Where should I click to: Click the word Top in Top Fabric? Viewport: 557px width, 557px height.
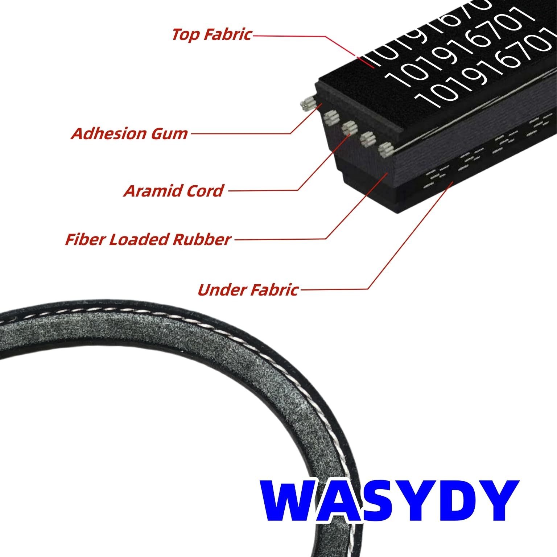tap(185, 34)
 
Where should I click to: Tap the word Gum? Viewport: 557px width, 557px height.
tap(169, 133)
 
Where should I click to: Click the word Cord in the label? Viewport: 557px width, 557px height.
tap(206, 191)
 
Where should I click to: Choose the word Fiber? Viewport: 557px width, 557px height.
tap(85, 239)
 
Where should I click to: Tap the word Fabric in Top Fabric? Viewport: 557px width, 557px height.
tap(227, 34)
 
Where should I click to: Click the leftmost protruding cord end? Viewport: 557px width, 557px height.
tap(307, 104)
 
